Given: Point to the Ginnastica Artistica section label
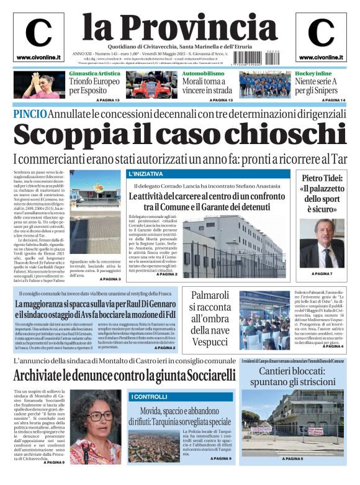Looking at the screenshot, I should (94, 74).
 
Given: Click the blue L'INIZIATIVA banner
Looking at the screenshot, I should (146, 173).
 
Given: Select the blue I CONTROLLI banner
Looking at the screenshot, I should (149, 396).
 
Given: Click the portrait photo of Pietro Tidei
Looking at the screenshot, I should (321, 243).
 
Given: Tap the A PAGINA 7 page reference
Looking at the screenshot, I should (322, 274).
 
